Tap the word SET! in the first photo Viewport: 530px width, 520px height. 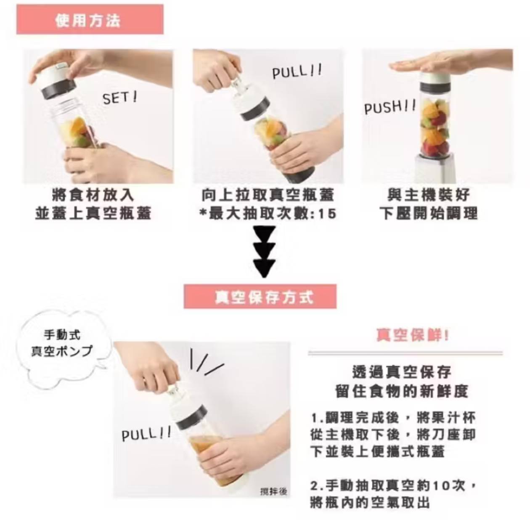click(x=119, y=98)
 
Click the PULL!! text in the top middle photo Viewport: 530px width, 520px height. click(x=297, y=72)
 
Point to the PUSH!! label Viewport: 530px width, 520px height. click(x=390, y=107)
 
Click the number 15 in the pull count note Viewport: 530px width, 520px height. click(x=327, y=214)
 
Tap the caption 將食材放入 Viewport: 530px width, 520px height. click(x=93, y=195)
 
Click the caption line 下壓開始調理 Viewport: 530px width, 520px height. click(x=429, y=214)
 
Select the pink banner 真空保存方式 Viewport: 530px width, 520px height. click(x=260, y=297)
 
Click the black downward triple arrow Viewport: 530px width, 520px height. click(x=264, y=252)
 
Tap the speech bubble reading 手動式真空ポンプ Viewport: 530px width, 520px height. click(x=62, y=343)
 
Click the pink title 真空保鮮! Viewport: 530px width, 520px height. click(x=412, y=335)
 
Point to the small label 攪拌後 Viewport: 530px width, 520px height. click(x=273, y=491)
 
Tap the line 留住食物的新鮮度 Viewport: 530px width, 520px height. click(x=402, y=391)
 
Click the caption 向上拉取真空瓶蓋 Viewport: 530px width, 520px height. click(x=268, y=195)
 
